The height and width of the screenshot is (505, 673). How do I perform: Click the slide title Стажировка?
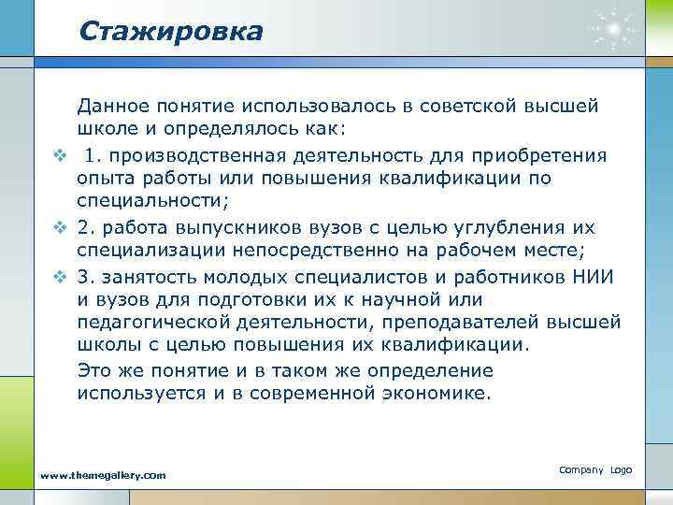[x=171, y=31]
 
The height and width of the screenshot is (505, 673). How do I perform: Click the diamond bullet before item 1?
[x=58, y=154]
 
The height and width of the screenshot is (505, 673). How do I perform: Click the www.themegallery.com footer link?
[x=103, y=475]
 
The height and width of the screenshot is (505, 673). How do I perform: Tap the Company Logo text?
[x=595, y=469]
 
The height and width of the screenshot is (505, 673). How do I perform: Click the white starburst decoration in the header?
[x=613, y=31]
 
